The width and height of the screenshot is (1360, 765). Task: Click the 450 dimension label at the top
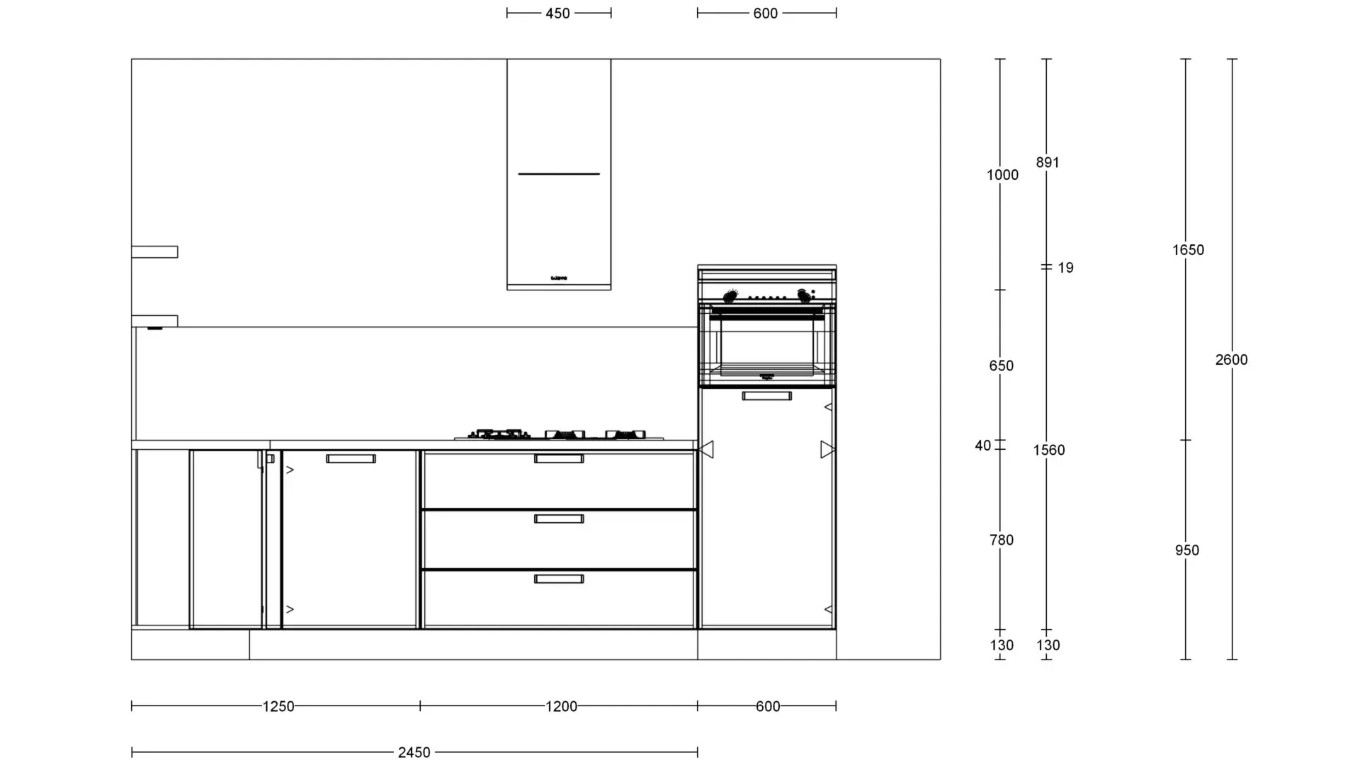coord(557,13)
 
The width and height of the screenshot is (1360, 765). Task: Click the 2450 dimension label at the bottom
coord(414,752)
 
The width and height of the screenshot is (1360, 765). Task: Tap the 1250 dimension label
coord(278,706)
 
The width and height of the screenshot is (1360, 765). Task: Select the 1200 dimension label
coord(561,706)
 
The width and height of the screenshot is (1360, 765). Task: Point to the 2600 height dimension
coord(1232,360)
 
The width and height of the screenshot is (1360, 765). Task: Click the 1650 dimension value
coord(1188,250)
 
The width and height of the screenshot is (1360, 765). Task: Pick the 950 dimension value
coord(1187,550)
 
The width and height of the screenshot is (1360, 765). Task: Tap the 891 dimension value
coord(1048,163)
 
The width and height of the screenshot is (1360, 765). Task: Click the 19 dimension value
coord(1065,268)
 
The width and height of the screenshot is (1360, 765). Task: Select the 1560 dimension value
coord(1049,450)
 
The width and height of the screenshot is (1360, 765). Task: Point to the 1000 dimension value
coord(1003,175)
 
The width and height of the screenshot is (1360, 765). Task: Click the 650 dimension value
coord(1002,366)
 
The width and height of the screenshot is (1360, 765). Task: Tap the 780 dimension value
coord(1002,540)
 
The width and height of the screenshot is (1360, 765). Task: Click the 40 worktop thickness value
coord(982,446)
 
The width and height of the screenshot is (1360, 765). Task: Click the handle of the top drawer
coord(559,459)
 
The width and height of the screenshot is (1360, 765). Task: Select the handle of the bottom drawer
coord(559,579)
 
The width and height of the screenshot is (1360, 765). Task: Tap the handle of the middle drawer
coord(559,519)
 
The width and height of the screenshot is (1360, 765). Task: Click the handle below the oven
coord(767,396)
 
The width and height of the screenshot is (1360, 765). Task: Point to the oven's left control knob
coord(730,297)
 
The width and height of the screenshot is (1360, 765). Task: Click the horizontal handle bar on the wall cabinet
coord(559,174)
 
